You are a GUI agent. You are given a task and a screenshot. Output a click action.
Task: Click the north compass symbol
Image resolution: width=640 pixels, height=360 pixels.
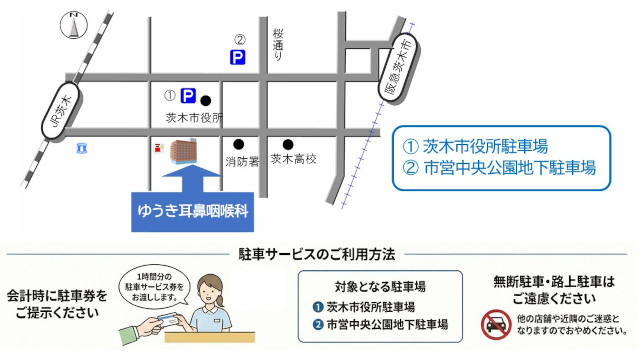(x=74, y=25)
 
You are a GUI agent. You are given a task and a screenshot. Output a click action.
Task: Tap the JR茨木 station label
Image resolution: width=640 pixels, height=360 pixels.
(x=61, y=111)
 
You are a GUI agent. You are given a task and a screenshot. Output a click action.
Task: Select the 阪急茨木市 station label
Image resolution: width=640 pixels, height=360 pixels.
(x=399, y=68)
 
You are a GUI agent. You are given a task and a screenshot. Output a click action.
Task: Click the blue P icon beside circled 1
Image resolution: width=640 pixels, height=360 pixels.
(x=188, y=96)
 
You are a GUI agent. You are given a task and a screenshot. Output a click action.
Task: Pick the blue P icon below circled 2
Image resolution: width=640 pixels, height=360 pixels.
(x=238, y=57)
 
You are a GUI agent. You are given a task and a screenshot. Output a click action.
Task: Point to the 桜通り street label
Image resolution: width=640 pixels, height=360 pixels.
(x=278, y=44)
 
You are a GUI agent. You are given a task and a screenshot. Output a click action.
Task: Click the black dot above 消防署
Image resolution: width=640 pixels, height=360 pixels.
(x=239, y=144)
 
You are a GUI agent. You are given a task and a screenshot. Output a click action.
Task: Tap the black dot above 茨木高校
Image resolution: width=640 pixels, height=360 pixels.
(x=288, y=144)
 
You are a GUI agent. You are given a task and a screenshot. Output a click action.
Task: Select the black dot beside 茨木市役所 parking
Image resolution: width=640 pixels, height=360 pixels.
(x=206, y=100)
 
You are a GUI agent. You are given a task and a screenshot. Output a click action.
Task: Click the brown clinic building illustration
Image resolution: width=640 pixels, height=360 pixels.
(x=184, y=151)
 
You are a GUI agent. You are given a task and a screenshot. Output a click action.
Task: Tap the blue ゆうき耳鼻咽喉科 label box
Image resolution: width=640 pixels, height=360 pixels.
(x=192, y=212)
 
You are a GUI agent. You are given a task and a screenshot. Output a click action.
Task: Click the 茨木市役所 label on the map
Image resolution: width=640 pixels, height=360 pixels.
(x=194, y=118)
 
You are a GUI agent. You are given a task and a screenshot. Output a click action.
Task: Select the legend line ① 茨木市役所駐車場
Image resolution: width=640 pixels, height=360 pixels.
(x=475, y=146)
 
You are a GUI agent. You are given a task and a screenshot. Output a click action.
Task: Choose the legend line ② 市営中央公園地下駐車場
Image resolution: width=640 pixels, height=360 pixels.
(x=499, y=168)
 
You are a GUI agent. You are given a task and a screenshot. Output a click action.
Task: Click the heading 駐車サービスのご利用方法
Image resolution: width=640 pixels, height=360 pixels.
(x=317, y=254)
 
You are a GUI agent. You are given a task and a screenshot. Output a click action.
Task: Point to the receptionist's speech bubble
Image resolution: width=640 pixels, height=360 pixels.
(x=155, y=287)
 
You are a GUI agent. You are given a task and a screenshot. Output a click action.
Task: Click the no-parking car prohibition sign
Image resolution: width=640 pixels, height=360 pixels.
(x=496, y=324)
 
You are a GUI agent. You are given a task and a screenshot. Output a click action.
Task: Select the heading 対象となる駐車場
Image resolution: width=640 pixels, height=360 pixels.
(x=380, y=287)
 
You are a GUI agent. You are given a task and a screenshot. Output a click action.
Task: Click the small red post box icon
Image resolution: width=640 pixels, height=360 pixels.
(x=158, y=148)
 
